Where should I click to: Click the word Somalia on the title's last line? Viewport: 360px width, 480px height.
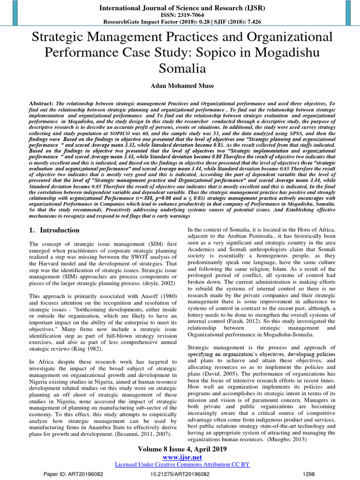[x=182, y=68]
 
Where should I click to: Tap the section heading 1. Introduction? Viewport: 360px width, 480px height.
[x=54, y=231]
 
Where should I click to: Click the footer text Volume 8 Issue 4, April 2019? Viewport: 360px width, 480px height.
[x=182, y=449]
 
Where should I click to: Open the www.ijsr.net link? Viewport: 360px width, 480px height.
[x=182, y=457]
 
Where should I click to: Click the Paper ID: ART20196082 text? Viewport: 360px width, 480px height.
[x=69, y=474]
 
